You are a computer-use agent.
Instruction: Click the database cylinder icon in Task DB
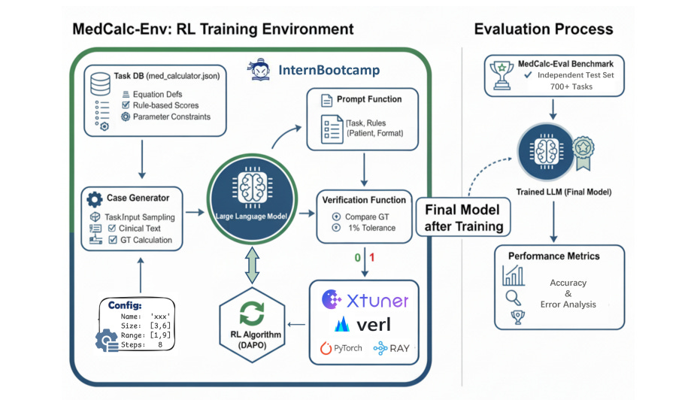point(100,84)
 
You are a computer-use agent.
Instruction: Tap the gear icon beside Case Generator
point(94,199)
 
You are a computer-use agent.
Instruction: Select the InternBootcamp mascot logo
point(260,69)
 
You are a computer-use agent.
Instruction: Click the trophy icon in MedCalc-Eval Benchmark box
point(502,75)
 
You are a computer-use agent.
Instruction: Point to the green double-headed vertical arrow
point(252,265)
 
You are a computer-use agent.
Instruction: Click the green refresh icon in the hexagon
point(252,314)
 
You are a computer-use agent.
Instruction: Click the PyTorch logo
point(341,348)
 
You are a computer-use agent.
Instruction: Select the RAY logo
point(391,348)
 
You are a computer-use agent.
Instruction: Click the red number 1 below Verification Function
point(372,257)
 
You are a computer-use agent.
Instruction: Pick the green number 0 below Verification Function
point(357,258)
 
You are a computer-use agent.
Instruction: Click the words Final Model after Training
point(464,217)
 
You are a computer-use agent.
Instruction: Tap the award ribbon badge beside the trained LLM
point(583,153)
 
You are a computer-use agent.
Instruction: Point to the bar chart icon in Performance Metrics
point(514,276)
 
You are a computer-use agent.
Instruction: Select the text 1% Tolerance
point(372,228)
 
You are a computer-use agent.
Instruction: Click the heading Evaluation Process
point(544,29)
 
